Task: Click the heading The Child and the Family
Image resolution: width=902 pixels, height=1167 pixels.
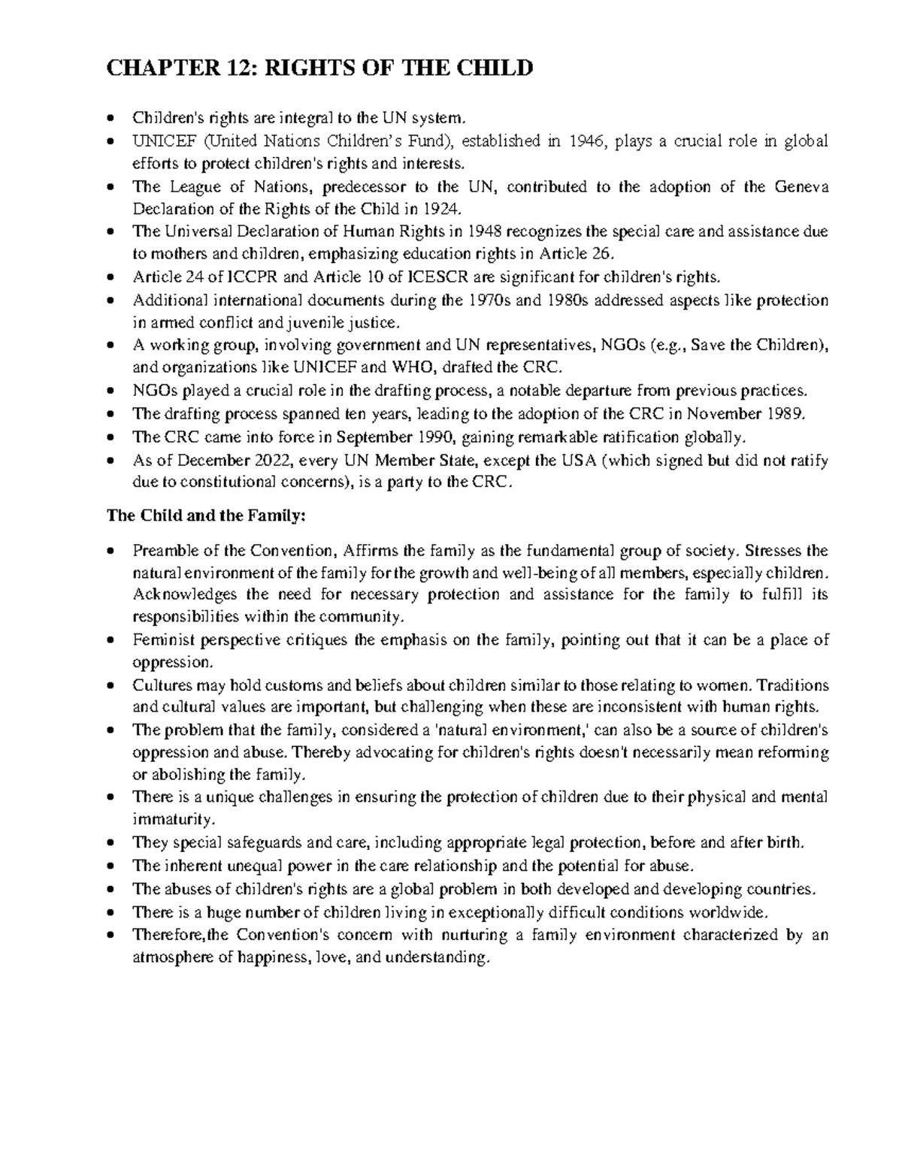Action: click(x=207, y=516)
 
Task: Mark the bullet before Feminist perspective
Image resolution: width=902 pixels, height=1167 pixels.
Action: click(x=112, y=641)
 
